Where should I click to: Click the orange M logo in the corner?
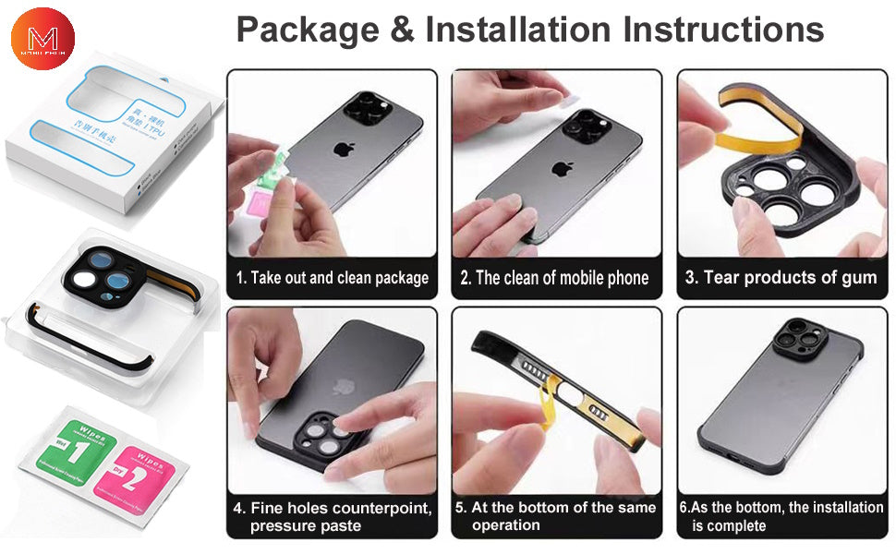[42, 38]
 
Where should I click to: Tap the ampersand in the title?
[403, 30]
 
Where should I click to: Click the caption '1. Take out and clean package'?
[332, 278]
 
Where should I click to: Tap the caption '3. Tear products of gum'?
[781, 278]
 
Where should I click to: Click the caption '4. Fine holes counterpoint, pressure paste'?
[332, 516]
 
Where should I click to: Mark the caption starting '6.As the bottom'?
[781, 516]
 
